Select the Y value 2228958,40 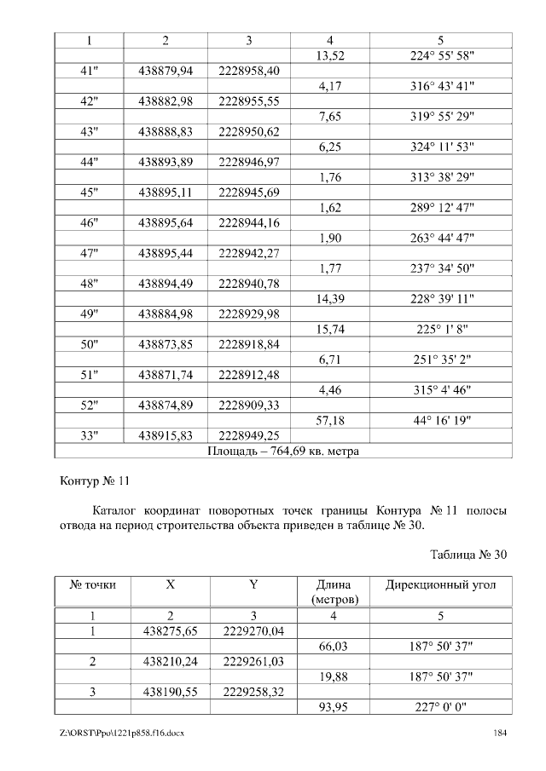tap(249, 71)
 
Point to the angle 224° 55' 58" tap(440, 55)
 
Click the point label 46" tap(89, 223)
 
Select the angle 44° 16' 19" tap(440, 421)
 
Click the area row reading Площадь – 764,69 tap(283, 451)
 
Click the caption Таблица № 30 tap(468, 555)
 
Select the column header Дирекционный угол tap(440, 585)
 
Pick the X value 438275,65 tap(171, 631)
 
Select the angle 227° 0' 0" tap(440, 707)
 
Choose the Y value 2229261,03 tap(253, 661)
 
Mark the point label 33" tap(89, 436)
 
